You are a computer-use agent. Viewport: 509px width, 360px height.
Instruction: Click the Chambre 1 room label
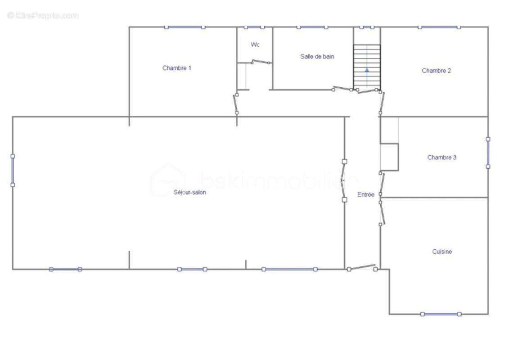coord(176,68)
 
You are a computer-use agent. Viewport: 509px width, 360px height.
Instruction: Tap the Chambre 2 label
coord(436,71)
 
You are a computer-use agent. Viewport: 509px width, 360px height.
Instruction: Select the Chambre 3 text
coord(441,157)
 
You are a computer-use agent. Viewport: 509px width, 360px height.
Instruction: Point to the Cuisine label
coord(442,251)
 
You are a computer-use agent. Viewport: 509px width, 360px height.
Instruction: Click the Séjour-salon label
coord(189,192)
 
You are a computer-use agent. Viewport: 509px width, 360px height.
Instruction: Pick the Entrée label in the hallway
coord(365,194)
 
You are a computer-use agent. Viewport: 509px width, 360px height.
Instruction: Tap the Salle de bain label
coord(317,57)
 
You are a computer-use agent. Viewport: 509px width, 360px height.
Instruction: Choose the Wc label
coord(255,45)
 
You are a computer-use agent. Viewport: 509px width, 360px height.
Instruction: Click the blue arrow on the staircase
coord(367,70)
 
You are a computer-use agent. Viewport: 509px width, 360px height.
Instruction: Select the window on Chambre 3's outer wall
coord(487,153)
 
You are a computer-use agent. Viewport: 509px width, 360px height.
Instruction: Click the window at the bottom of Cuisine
coord(441,314)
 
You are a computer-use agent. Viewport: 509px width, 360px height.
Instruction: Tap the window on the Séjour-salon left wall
coord(13,171)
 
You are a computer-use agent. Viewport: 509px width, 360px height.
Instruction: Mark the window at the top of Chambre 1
coord(185,27)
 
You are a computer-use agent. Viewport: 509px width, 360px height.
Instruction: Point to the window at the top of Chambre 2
coord(439,27)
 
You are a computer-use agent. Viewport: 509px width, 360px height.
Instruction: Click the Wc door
coord(260,62)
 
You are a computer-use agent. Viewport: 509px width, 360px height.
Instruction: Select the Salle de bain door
coord(342,88)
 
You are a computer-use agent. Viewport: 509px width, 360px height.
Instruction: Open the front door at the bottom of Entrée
coord(362,268)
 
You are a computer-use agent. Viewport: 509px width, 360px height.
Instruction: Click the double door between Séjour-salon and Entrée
coord(344,180)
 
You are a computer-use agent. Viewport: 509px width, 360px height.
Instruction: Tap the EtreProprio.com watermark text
coord(43,15)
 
